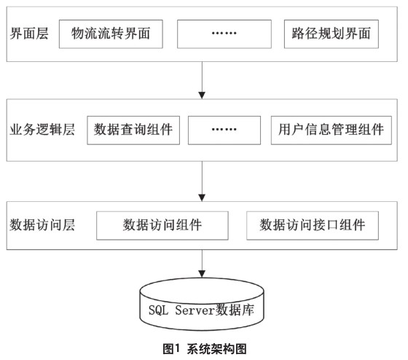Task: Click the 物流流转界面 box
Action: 111,34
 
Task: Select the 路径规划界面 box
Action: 331,34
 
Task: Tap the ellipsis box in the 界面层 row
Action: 224,34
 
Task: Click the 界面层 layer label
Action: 29,34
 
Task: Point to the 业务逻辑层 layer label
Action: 42,130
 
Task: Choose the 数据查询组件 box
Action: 133,130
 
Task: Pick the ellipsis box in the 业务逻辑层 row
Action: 224,130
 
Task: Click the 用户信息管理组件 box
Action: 331,130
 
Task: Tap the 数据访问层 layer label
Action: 42,225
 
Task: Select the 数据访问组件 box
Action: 162,226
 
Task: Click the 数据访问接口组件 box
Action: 313,226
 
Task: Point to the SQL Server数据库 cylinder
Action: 202,304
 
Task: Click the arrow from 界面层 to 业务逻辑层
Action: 202,80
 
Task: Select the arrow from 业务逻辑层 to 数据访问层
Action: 202,181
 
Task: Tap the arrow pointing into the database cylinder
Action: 202,264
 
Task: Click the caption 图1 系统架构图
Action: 205,349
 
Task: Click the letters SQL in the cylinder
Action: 158,310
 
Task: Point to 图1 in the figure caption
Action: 171,349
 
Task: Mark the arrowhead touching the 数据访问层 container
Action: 202,197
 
